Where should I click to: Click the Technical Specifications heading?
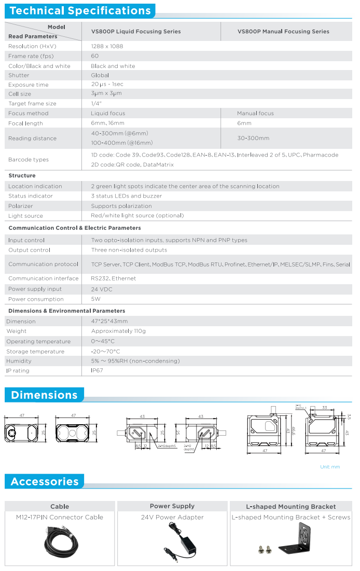tap(80, 11)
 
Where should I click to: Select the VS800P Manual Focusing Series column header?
tap(283, 32)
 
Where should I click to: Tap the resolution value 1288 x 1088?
tap(107, 46)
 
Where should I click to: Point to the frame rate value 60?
tap(95, 56)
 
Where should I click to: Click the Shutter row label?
tap(19, 75)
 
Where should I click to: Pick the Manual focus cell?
tap(255, 113)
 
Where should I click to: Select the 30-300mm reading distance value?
tap(253, 138)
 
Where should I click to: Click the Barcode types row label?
tap(29, 160)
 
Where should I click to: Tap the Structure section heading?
tap(22, 176)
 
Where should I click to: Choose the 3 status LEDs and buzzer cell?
tap(126, 196)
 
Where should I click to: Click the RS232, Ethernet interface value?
tap(113, 278)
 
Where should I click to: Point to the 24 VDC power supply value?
tap(102, 289)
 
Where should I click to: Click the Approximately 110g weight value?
tap(118, 331)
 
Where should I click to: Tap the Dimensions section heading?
tap(44, 395)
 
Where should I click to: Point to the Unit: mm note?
tap(330, 467)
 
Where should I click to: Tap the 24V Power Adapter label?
tap(172, 517)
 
